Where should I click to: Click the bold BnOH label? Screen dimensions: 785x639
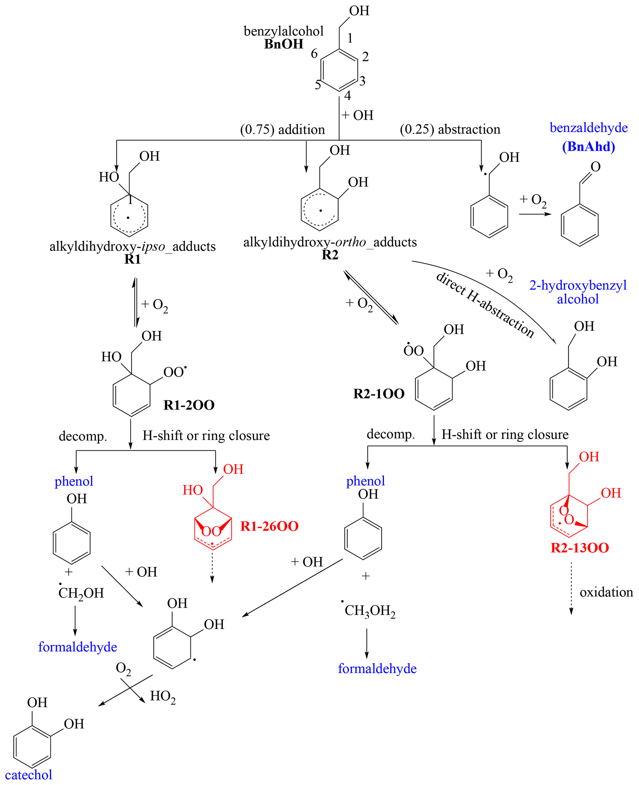(x=283, y=44)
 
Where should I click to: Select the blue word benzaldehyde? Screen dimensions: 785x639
(x=588, y=128)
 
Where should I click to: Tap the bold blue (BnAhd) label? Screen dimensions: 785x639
(x=588, y=147)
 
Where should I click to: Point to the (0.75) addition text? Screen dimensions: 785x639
(x=282, y=130)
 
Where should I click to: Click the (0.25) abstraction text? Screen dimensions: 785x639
(x=450, y=129)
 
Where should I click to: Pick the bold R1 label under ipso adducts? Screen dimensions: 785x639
(x=133, y=259)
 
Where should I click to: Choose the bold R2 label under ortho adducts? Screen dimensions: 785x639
(x=330, y=255)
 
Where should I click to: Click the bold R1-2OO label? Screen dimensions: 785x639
(x=189, y=405)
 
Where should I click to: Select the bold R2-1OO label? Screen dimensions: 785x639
(x=379, y=394)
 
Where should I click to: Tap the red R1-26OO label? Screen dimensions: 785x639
(x=269, y=526)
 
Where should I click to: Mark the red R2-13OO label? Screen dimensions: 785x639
(x=579, y=548)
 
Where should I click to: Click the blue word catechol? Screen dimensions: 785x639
(x=28, y=775)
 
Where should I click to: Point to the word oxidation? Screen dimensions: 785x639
(x=606, y=592)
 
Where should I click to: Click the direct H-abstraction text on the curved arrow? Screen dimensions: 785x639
(x=485, y=305)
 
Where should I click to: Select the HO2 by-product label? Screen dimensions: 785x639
(x=163, y=696)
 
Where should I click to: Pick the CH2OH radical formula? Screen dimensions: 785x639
(x=81, y=593)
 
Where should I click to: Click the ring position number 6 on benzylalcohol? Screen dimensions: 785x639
(x=314, y=54)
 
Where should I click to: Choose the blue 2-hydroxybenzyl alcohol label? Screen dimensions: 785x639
(x=577, y=292)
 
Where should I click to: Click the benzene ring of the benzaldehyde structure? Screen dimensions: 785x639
(x=579, y=225)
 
